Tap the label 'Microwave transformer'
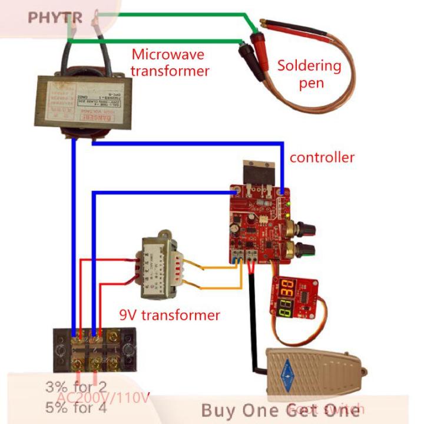pos(169,63)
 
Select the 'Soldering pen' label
pos(309,74)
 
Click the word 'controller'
pos(322,157)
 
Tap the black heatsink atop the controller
pos(260,175)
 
